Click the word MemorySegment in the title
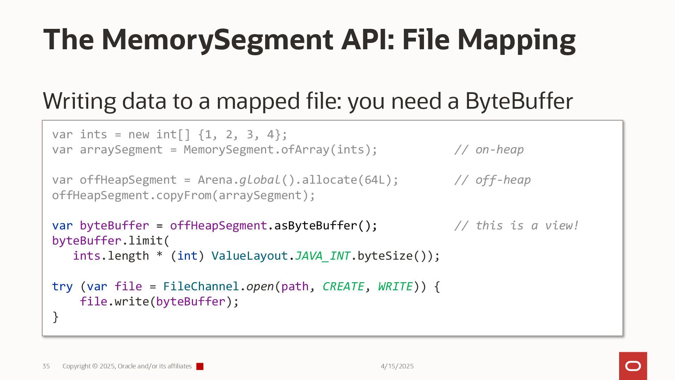pyautogui.click(x=217, y=39)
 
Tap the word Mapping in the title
pyautogui.click(x=516, y=39)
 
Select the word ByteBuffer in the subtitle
pyautogui.click(x=519, y=101)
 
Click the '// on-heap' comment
pyautogui.click(x=489, y=150)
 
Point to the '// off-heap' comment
pyautogui.click(x=492, y=180)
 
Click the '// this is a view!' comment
pyautogui.click(x=516, y=226)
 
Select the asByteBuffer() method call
pyautogui.click(x=326, y=226)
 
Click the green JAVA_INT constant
pyautogui.click(x=322, y=256)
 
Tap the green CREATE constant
pyautogui.click(x=343, y=286)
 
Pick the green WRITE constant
pyautogui.click(x=395, y=286)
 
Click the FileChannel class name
pyautogui.click(x=201, y=286)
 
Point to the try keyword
pyautogui.click(x=62, y=286)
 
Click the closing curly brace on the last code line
pyautogui.click(x=56, y=317)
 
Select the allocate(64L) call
pyautogui.click(x=350, y=180)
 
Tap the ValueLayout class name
pyautogui.click(x=250, y=256)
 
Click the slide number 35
pyautogui.click(x=46, y=366)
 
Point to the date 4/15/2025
pyautogui.click(x=397, y=366)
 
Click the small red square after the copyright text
pyautogui.click(x=200, y=367)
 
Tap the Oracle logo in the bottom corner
pyautogui.click(x=633, y=366)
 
